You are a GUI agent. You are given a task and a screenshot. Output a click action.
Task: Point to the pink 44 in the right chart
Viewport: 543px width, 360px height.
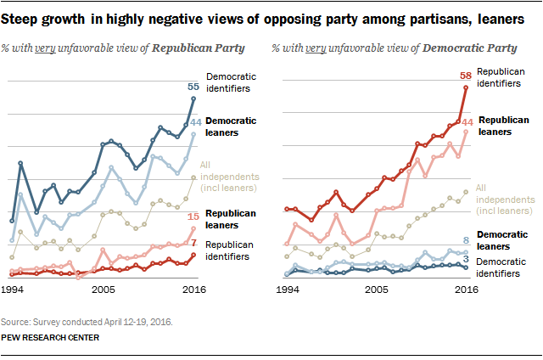tap(466, 122)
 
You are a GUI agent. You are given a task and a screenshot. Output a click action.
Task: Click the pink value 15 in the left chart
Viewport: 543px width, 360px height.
tap(193, 217)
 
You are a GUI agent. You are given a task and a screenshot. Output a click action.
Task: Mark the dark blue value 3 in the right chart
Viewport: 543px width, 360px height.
tap(466, 258)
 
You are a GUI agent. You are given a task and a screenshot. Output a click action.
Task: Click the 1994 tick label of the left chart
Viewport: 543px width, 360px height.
tap(12, 290)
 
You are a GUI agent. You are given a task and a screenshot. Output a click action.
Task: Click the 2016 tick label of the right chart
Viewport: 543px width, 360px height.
tap(464, 290)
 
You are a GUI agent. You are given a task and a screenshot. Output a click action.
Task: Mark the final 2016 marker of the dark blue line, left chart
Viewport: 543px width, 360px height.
tap(193, 98)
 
